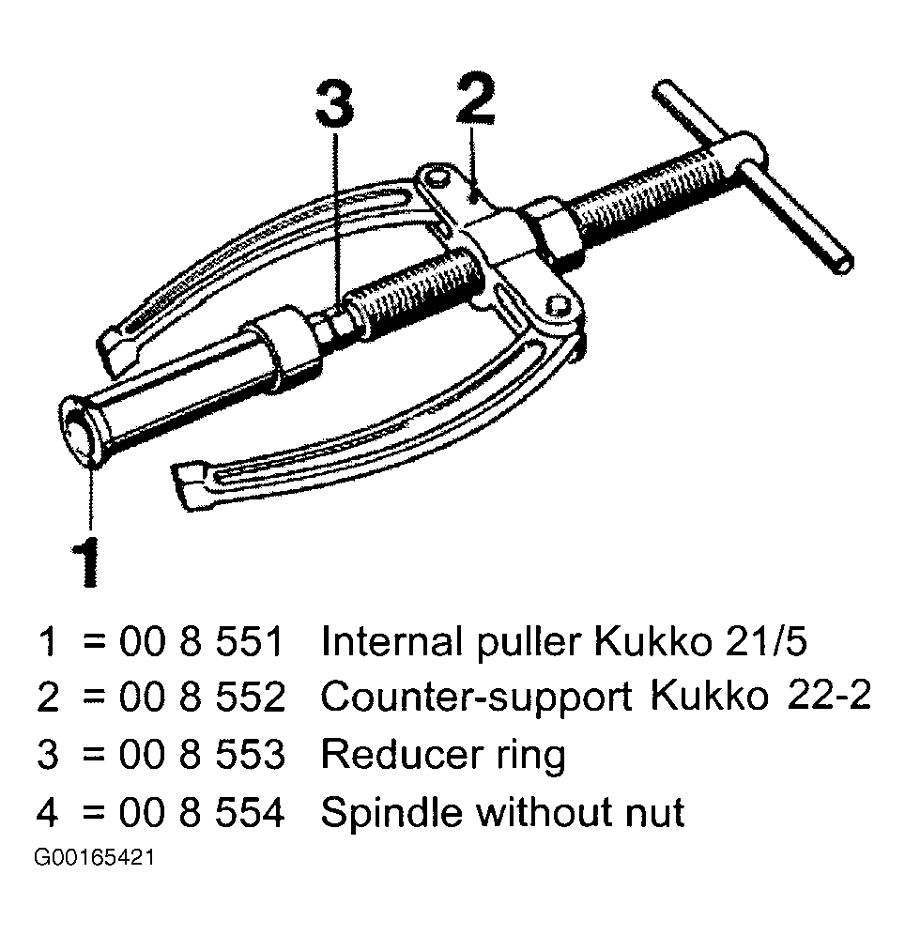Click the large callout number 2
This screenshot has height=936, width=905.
coord(475,99)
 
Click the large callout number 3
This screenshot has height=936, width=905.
coord(334,104)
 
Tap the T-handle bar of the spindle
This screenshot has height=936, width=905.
coord(753,176)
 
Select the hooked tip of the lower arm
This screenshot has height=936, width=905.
coord(191,484)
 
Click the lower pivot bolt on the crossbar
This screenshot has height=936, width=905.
coord(557,306)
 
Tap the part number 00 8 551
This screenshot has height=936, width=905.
coord(201,642)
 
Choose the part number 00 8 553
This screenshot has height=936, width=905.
coord(202,754)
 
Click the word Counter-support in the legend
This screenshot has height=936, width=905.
coord(476,697)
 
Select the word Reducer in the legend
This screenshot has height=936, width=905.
coord(401,754)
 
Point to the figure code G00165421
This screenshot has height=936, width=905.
coord(95,858)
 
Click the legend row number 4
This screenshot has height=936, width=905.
coord(47,812)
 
